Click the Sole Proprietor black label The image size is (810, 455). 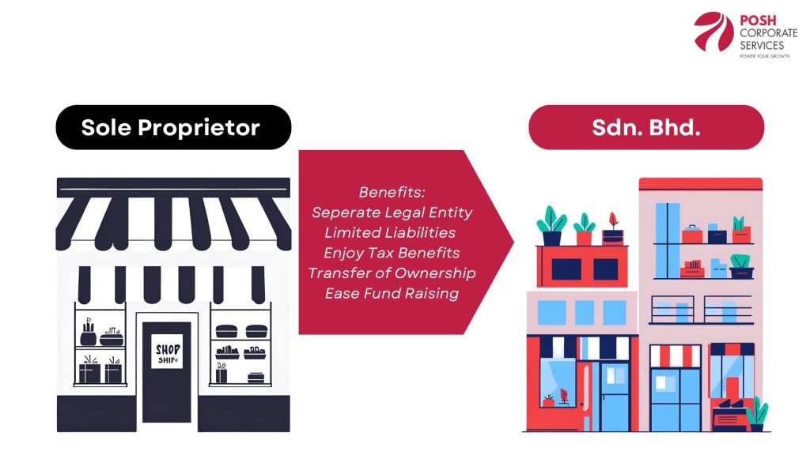(173, 127)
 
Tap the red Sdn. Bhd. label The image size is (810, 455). (646, 127)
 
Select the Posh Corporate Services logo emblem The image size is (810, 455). (713, 32)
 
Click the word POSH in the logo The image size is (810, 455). (758, 21)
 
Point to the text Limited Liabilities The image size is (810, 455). (390, 233)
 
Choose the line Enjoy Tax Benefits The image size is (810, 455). (392, 254)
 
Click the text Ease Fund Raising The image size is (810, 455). (392, 294)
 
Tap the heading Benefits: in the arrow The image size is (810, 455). (392, 193)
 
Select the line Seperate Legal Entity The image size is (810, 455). (392, 212)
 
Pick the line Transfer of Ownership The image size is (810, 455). (392, 273)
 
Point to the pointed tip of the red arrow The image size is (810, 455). (514, 242)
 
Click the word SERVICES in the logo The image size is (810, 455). (762, 45)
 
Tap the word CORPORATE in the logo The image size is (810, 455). (769, 33)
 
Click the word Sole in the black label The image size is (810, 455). (106, 127)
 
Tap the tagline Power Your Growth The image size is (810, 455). (765, 56)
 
